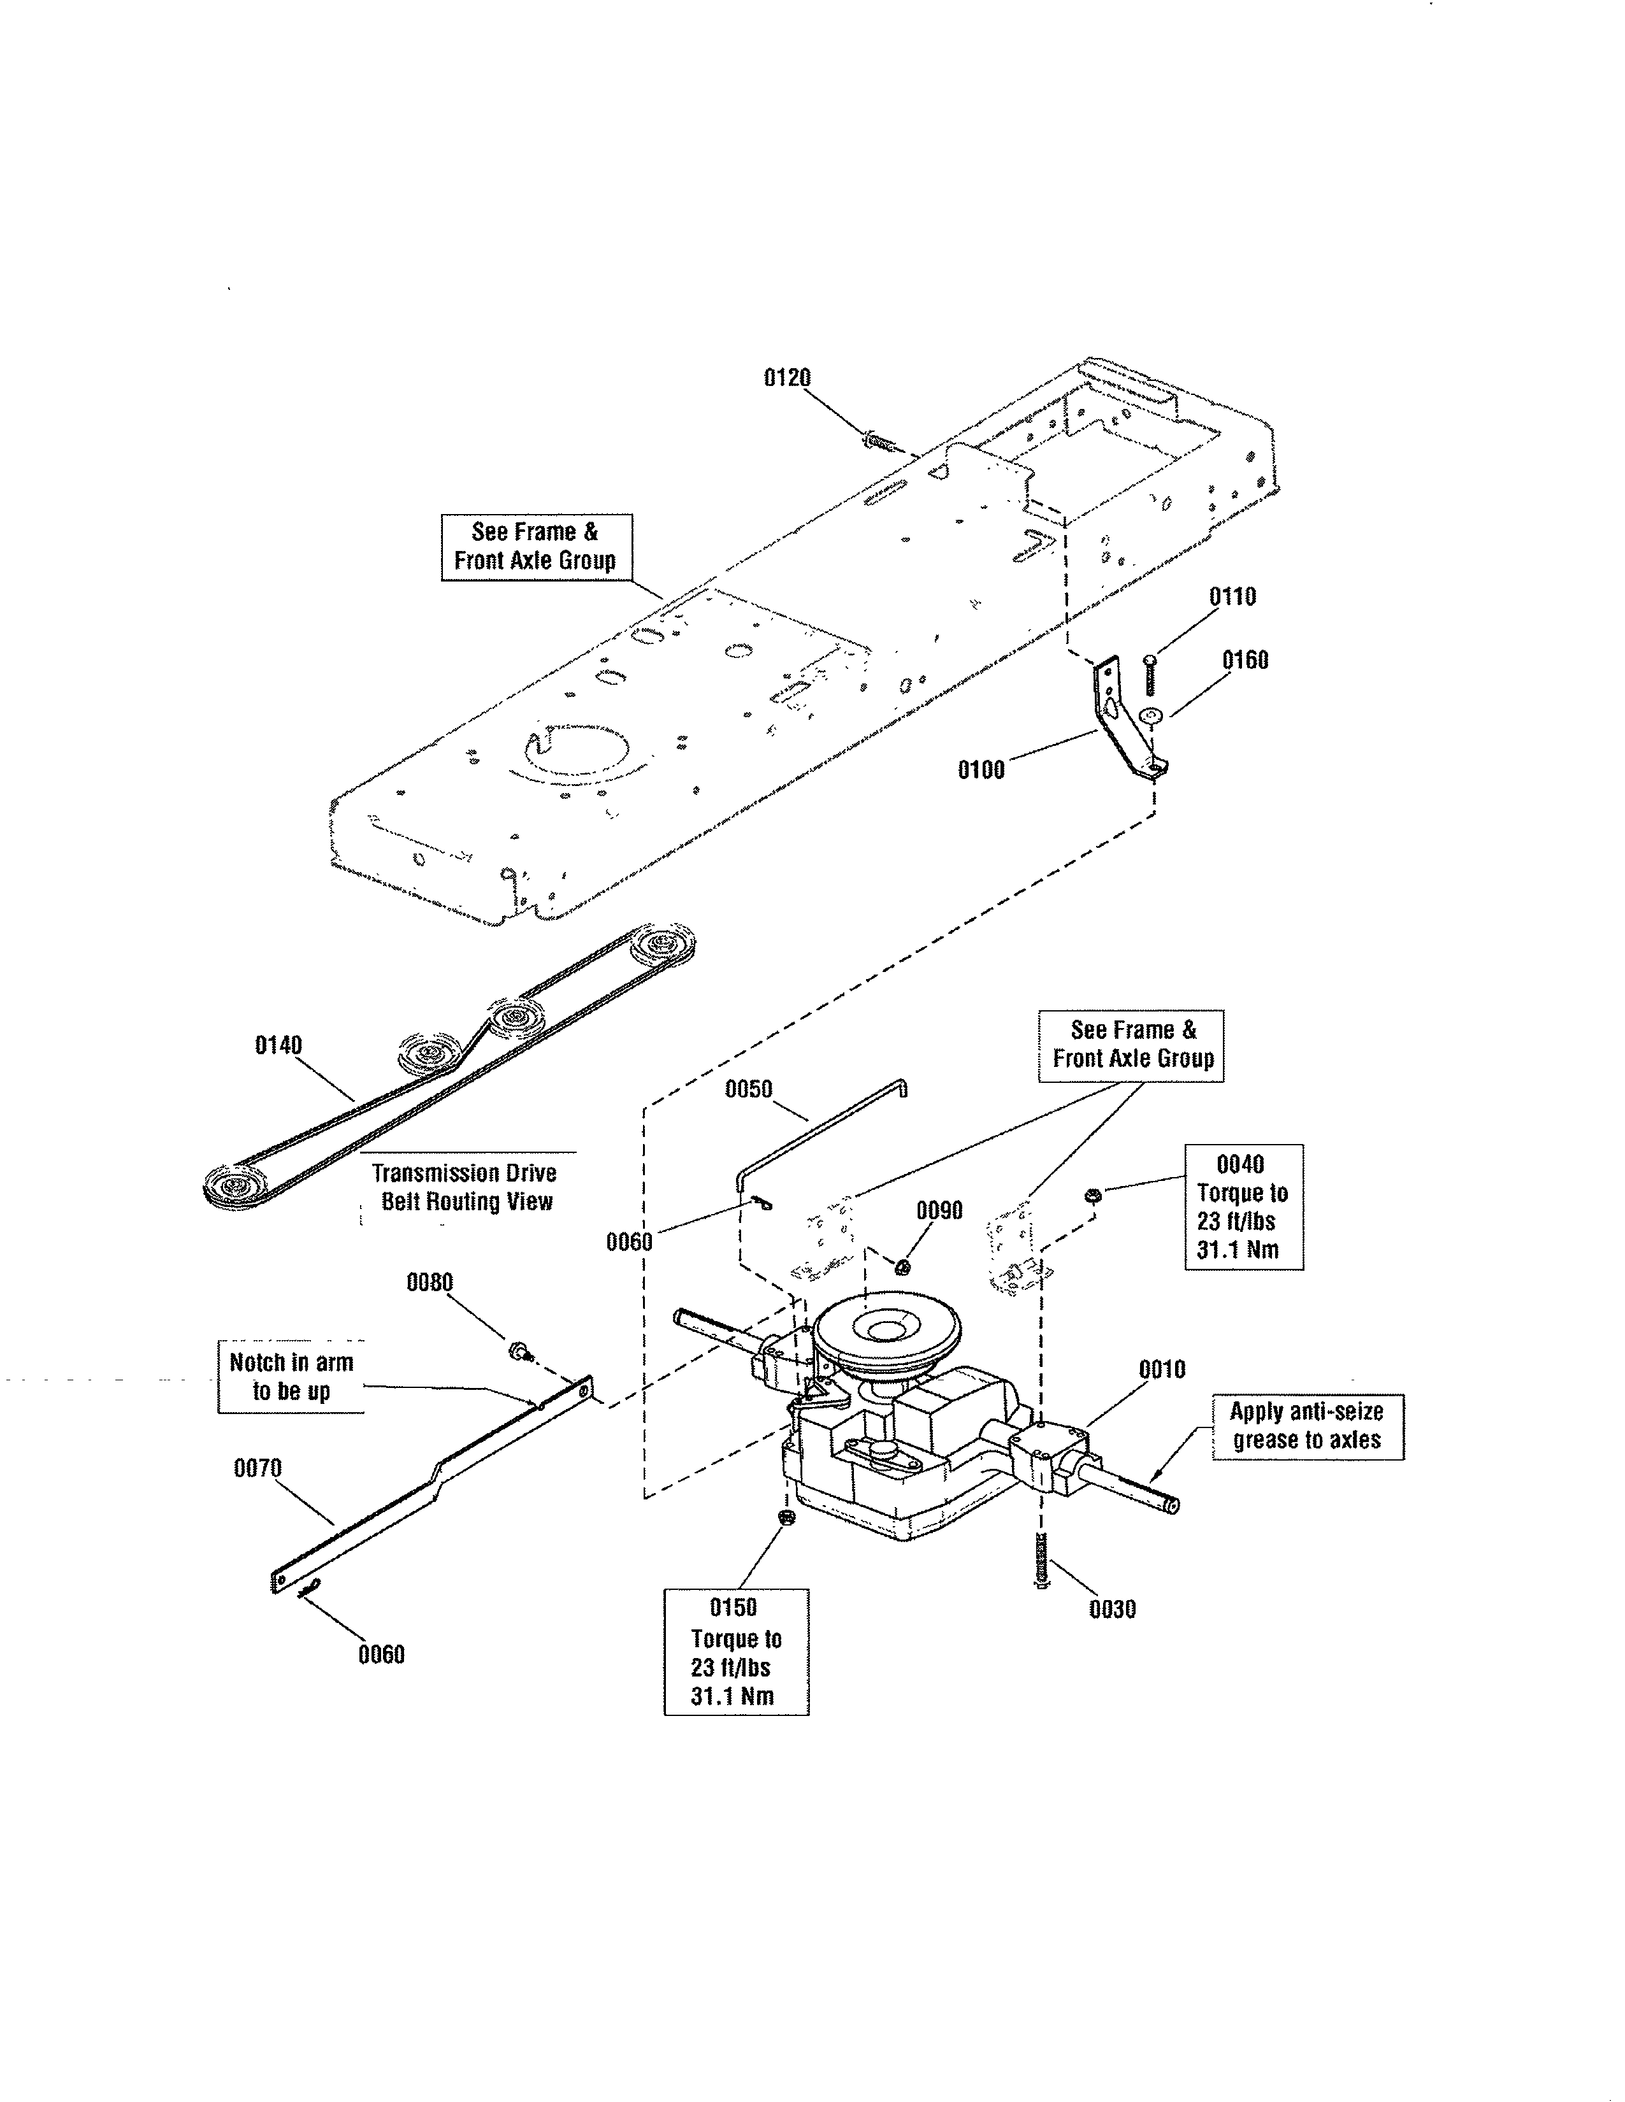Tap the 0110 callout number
(1232, 597)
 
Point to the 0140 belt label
(278, 1045)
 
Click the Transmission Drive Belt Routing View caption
(466, 1187)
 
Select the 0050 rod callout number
(748, 1089)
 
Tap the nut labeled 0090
(902, 1266)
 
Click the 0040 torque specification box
(1243, 1207)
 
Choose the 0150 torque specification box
(735, 1652)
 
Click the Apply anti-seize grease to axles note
(1306, 1426)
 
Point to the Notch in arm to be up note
(291, 1376)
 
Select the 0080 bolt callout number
(430, 1282)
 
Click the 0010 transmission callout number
(1161, 1369)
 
